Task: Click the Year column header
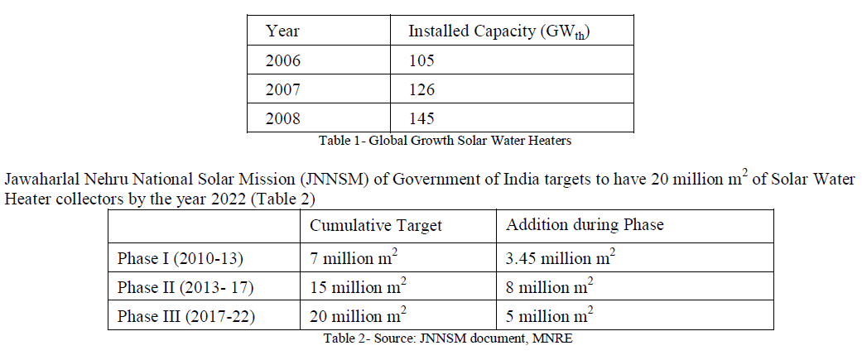[x=282, y=31]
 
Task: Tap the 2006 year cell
[x=283, y=60]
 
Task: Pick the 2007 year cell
[x=283, y=89]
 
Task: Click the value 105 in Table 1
[x=421, y=60]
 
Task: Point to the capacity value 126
[x=421, y=89]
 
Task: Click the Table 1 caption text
[x=445, y=141]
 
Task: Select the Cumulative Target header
[x=376, y=225]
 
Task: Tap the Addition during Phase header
[x=585, y=225]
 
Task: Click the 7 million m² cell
[x=354, y=257]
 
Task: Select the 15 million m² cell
[x=358, y=287]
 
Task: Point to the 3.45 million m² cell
[x=561, y=257]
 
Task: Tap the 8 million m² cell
[x=550, y=287]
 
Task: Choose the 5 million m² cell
[x=550, y=316]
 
